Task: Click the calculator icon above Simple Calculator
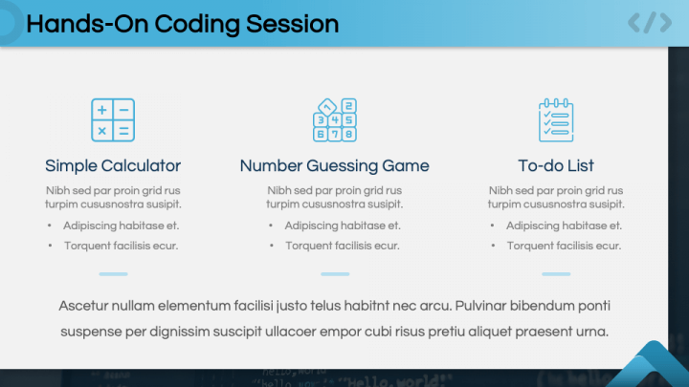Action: pyautogui.click(x=113, y=120)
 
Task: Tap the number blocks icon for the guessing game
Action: pyautogui.click(x=334, y=120)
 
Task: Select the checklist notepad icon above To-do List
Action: pyautogui.click(x=556, y=120)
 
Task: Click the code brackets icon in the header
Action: pyautogui.click(x=649, y=23)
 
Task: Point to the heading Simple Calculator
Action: pyautogui.click(x=113, y=165)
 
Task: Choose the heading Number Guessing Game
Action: pyautogui.click(x=334, y=165)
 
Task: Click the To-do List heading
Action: pyautogui.click(x=556, y=165)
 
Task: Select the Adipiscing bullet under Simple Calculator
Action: pyautogui.click(x=121, y=226)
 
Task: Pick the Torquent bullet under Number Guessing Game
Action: pyautogui.click(x=342, y=246)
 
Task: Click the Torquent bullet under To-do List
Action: pyautogui.click(x=564, y=246)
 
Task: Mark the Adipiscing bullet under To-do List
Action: pyautogui.click(x=564, y=226)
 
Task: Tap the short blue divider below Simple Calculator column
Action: pyautogui.click(x=113, y=274)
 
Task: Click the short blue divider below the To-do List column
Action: pyautogui.click(x=556, y=274)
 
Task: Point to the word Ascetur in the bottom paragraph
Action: pyautogui.click(x=83, y=306)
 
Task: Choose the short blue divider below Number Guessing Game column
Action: pyautogui.click(x=334, y=274)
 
